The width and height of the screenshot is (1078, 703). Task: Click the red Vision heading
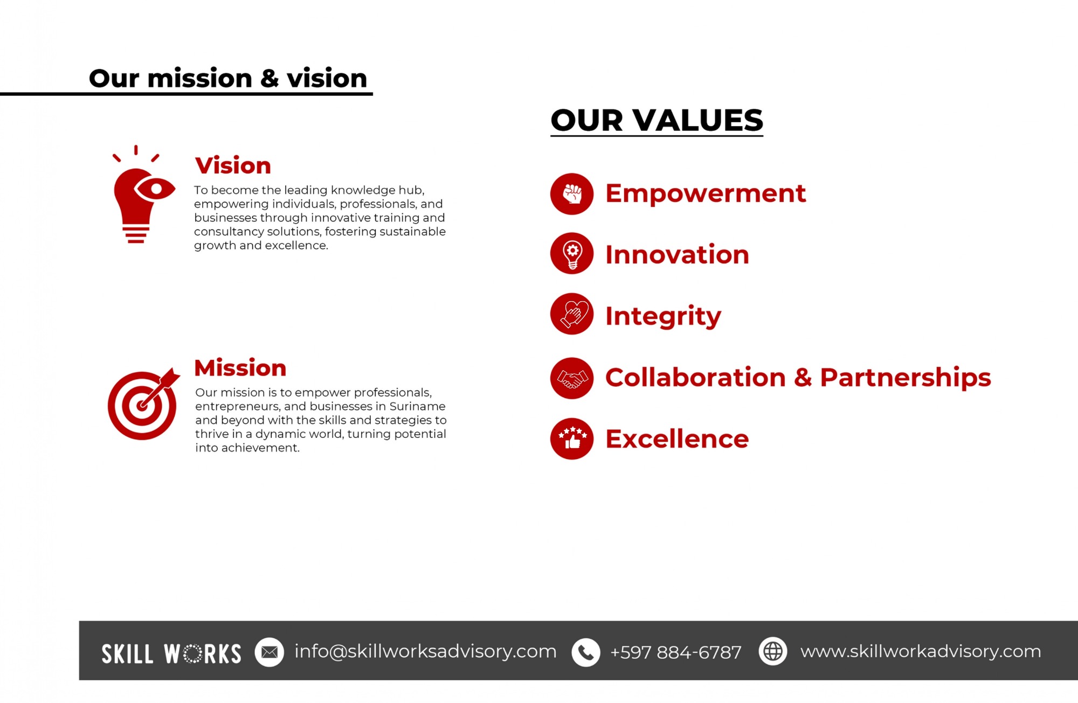coord(233,165)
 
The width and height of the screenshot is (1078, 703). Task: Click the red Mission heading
coord(240,368)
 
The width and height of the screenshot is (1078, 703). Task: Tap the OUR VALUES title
coord(657,120)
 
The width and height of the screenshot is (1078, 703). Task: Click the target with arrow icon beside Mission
coord(142,405)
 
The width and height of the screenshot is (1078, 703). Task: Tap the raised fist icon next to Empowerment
coord(572,194)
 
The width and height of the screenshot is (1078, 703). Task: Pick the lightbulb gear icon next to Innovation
coord(572,254)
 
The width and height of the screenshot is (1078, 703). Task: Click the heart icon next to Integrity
coord(572,314)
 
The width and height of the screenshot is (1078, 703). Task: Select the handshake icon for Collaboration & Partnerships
coord(572,378)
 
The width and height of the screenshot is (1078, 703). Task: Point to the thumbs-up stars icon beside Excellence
coord(572,438)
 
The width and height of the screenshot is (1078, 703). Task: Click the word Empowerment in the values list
coord(706,193)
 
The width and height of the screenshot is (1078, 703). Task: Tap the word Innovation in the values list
coord(678,254)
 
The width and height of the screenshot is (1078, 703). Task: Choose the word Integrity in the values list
coord(663,317)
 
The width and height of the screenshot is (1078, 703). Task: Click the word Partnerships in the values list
coord(906,378)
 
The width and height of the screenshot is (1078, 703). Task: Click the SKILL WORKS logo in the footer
coord(171,653)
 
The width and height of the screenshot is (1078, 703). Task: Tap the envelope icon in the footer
coord(269,652)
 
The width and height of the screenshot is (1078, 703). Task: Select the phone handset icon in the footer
coord(586,652)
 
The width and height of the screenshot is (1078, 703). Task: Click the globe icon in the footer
coord(773,651)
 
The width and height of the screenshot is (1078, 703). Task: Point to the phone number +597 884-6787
coord(676,652)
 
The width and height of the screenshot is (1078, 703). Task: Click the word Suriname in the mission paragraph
coord(417,406)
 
